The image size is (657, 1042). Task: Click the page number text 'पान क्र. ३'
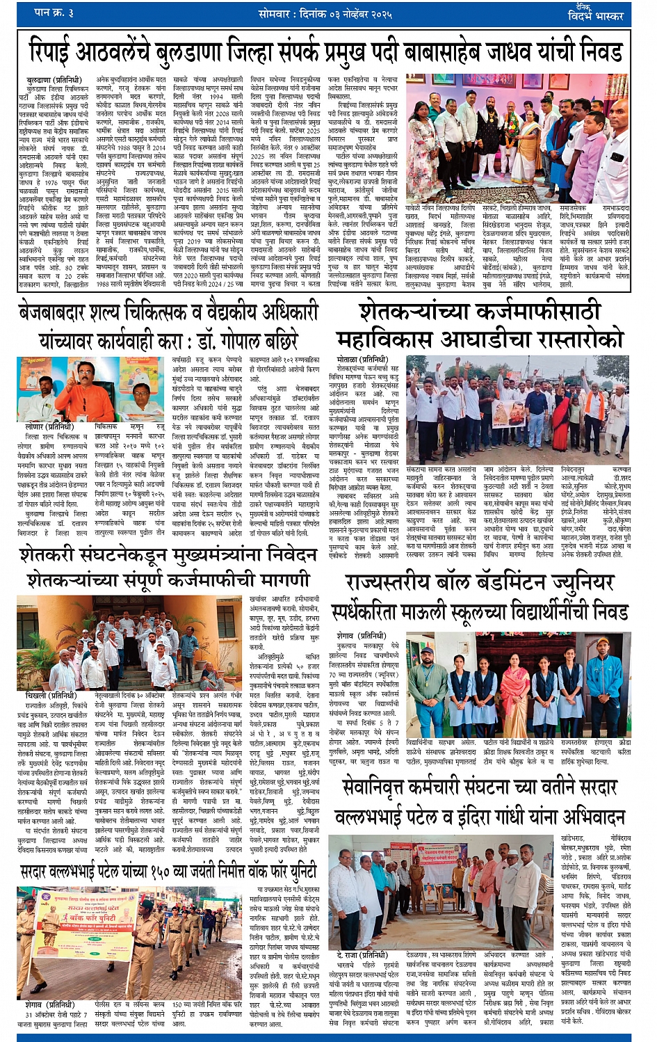point(54,13)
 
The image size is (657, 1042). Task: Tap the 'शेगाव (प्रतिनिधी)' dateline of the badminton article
point(361,636)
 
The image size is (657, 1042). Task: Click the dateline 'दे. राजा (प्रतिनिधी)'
point(362,955)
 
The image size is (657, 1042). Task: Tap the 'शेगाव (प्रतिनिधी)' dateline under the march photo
point(49,1004)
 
